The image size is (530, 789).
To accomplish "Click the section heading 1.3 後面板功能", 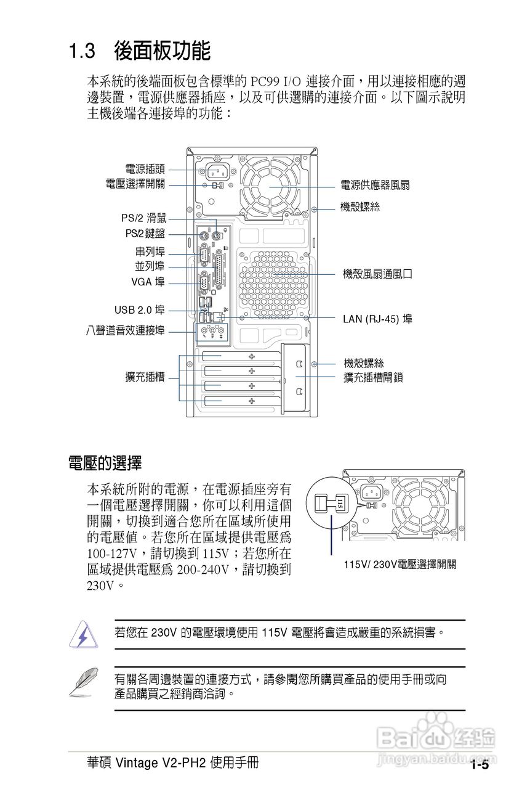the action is pos(140,51).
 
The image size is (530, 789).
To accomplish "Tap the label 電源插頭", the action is pos(145,169).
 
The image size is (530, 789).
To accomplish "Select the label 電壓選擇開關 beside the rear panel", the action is pos(135,184).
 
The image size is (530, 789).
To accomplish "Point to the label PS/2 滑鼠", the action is pos(143,218).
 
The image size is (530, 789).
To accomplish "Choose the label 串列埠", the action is pos(150,252).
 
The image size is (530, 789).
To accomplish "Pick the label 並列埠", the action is pos(150,266).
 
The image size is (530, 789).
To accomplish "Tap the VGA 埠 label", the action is pos(148,282).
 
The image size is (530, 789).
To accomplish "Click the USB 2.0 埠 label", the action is pos(139,309).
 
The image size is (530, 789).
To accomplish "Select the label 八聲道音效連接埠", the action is pos(126,330).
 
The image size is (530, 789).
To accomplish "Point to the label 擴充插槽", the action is pos(145,377).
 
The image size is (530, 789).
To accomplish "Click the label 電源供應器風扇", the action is pos(375,186).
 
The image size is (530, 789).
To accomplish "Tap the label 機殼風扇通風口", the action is pos(377,274).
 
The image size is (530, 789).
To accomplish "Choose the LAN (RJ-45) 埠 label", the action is pos(377,319).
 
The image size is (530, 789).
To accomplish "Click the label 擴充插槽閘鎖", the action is pos(373,377).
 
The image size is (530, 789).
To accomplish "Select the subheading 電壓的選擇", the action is pos(105,462).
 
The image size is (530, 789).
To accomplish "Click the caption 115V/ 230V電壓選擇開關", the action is pos(400,565).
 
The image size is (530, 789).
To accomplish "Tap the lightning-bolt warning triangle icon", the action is pos(82,635).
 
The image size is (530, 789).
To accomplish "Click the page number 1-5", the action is pos(480,765).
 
